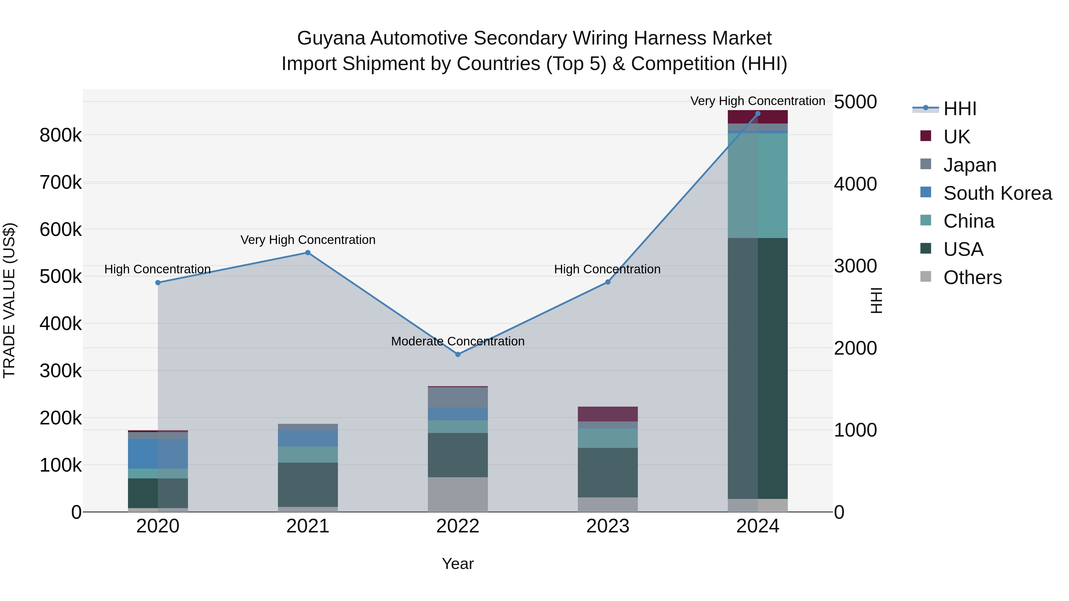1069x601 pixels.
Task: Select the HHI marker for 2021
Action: point(308,253)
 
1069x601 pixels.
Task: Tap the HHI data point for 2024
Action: point(758,114)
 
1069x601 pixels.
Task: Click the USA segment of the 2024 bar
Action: point(758,368)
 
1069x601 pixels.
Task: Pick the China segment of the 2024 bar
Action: point(758,185)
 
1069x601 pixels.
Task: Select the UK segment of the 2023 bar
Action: point(608,414)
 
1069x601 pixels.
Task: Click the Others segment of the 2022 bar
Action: point(458,494)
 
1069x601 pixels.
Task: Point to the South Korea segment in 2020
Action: point(158,454)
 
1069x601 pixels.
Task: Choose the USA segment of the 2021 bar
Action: point(308,484)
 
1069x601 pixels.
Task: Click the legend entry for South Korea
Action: point(997,193)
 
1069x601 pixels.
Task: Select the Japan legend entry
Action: point(970,165)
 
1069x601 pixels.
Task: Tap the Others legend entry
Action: point(972,277)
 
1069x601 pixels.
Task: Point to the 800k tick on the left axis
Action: point(61,135)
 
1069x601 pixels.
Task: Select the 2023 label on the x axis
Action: point(608,526)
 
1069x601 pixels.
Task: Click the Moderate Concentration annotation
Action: point(458,341)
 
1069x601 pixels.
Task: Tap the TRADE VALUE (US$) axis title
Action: point(9,300)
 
